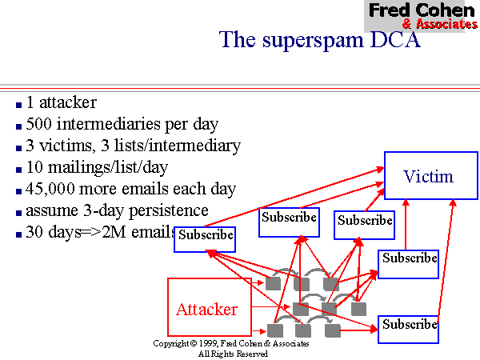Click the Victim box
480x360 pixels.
pos(428,176)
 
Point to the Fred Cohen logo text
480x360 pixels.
pos(422,10)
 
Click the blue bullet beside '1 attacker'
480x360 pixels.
pos(18,104)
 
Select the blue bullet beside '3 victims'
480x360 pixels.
pos(18,147)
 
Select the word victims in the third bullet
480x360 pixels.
pos(62,146)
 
